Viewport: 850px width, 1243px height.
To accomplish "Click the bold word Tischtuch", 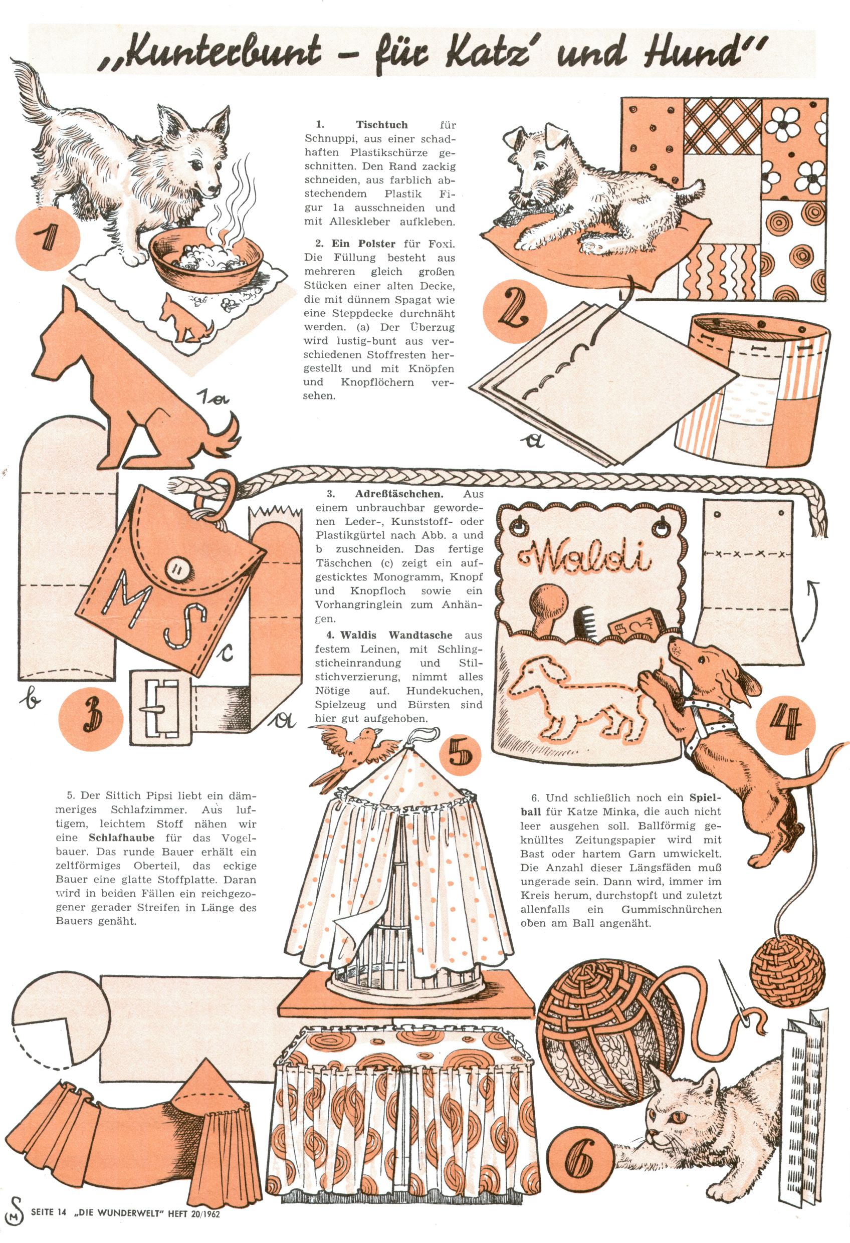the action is pos(382,125).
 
